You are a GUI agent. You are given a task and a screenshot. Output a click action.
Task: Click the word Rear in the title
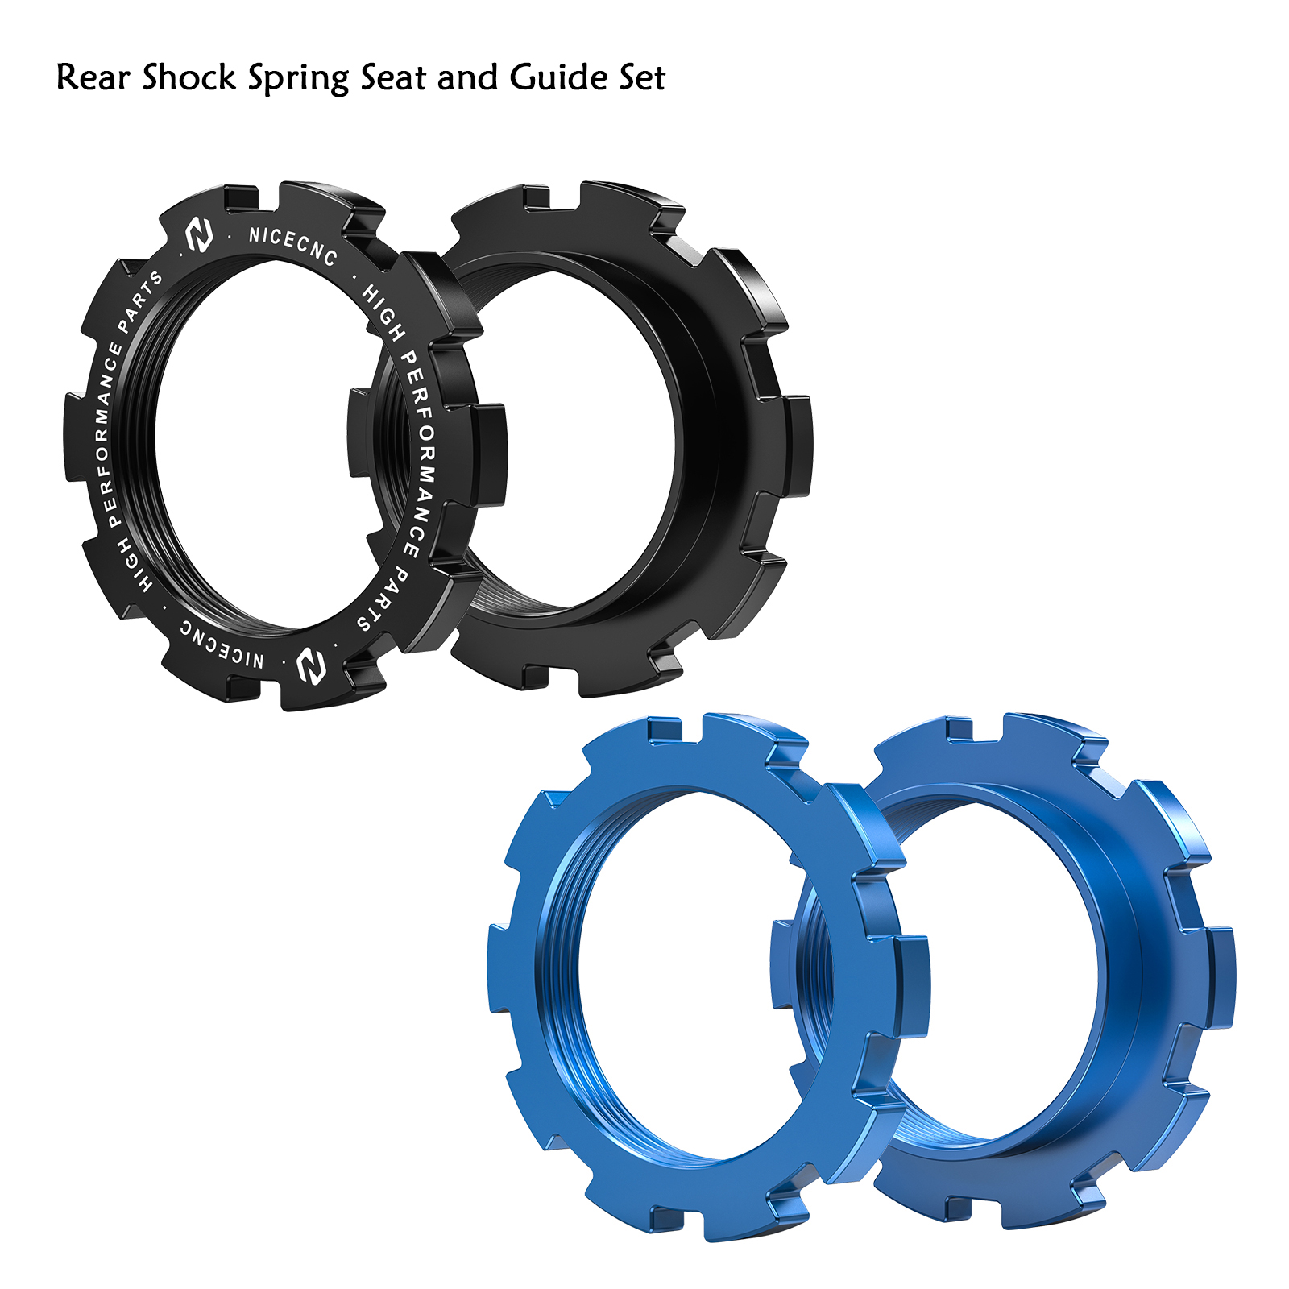click(x=92, y=77)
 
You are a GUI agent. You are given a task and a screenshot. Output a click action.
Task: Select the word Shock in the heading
click(x=189, y=77)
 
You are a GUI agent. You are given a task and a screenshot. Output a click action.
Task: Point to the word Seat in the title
click(x=393, y=78)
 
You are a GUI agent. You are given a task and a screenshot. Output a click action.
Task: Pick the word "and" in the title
click(x=468, y=77)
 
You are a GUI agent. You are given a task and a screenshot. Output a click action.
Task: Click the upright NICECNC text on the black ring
click(x=292, y=245)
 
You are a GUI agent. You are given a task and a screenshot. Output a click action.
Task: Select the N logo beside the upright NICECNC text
click(x=199, y=234)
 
